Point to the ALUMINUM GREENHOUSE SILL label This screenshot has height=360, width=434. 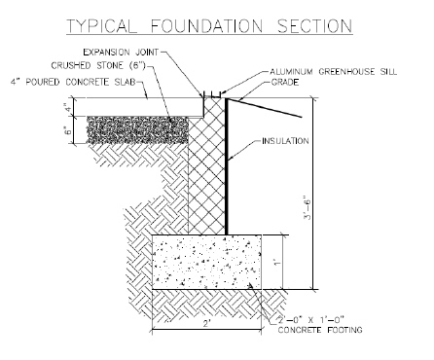[332, 73]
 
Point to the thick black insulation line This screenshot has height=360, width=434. [228, 165]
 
